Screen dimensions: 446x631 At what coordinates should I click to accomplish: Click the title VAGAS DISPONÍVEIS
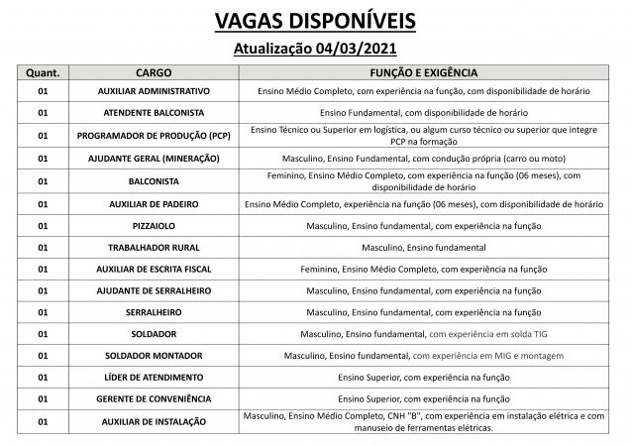pos(315,21)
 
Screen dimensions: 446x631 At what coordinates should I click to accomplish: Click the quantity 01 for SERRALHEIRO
pos(43,312)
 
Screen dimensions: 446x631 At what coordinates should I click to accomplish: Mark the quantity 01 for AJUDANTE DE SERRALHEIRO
pos(43,290)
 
